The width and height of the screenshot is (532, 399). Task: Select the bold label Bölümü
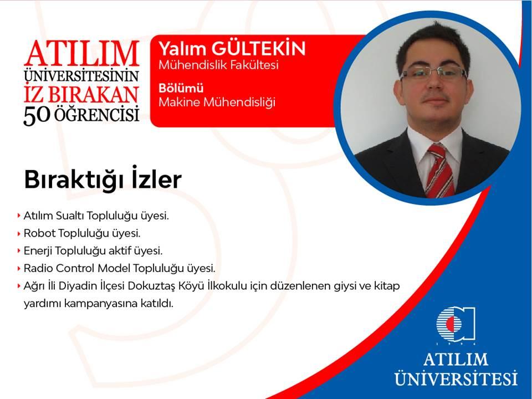[181, 88]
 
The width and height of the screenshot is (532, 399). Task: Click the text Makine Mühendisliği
[217, 102]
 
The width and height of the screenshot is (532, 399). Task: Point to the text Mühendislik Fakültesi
[218, 64]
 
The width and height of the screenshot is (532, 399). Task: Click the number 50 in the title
[37, 115]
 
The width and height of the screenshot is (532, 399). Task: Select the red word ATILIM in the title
[81, 53]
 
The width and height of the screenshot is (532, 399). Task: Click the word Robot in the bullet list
[39, 233]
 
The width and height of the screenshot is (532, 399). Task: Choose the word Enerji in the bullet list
[38, 251]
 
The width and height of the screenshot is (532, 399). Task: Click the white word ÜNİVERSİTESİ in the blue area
[456, 378]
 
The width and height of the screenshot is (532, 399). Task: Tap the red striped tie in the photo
[439, 171]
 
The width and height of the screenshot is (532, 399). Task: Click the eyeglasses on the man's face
[433, 73]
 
